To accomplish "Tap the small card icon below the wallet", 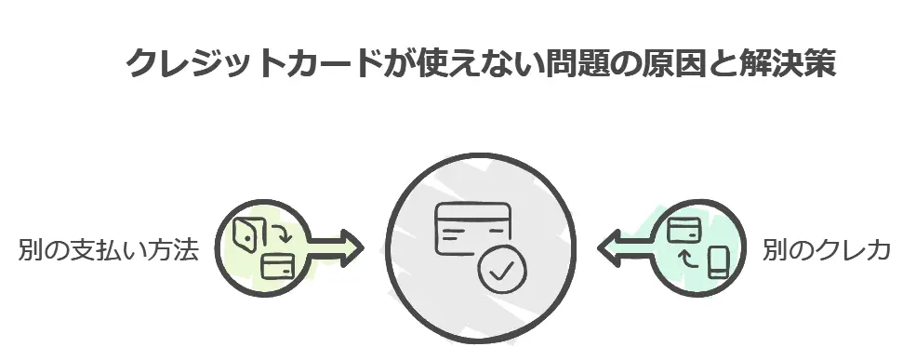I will pos(277,267).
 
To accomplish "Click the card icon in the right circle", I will pos(684,228).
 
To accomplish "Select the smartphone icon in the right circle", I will pos(716,262).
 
